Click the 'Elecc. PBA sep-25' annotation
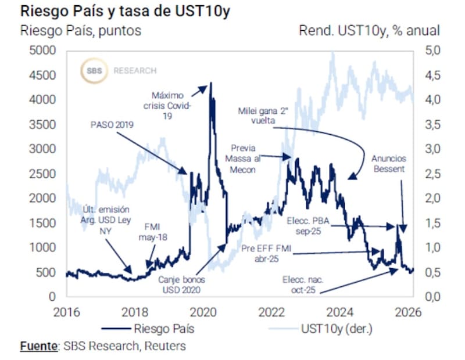[x=311, y=226]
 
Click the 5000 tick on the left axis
[x=42, y=51]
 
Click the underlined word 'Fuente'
[x=38, y=347]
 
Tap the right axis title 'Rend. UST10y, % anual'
[x=369, y=30]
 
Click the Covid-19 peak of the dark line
[x=210, y=83]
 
